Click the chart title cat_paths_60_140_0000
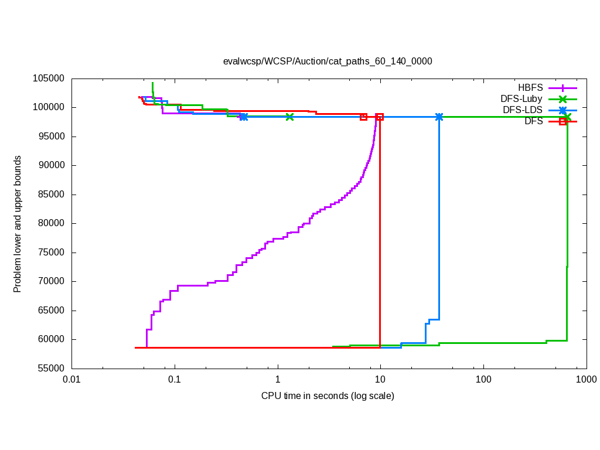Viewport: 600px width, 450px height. point(328,61)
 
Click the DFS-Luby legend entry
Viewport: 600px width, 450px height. point(521,99)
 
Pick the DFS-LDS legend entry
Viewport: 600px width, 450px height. point(522,110)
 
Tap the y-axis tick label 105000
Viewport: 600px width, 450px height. point(49,79)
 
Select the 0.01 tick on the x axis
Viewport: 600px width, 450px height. point(72,380)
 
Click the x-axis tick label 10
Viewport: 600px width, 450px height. point(380,380)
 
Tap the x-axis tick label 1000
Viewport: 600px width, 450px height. point(586,380)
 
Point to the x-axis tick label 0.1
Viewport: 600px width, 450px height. point(175,380)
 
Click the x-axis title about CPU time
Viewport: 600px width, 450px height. point(328,396)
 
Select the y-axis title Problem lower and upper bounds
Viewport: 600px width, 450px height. point(18,224)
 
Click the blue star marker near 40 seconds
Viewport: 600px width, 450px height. point(439,117)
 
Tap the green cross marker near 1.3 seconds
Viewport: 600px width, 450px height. point(289,117)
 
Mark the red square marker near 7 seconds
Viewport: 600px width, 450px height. point(364,117)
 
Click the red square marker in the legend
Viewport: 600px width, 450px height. point(563,121)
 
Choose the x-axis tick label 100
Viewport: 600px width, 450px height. point(483,380)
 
